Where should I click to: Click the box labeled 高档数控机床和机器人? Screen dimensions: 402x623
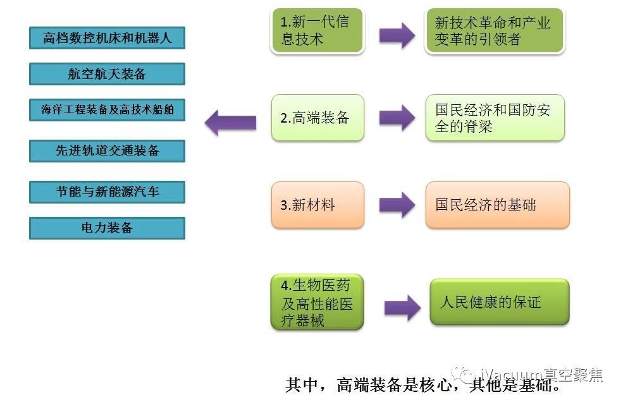107,38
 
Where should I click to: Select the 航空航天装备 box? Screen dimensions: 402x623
107,74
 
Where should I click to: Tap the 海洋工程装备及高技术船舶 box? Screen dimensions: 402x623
107,110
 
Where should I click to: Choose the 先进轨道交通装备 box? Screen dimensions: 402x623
107,151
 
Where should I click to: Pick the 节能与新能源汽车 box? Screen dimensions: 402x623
107,192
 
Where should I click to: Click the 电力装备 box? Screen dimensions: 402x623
107,228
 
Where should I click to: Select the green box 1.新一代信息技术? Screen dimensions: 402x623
318,30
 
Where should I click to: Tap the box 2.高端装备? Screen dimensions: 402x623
318,118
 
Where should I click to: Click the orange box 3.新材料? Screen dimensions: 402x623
318,205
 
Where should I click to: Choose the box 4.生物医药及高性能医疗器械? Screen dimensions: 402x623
318,302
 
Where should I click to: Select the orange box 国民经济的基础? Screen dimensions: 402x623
497,205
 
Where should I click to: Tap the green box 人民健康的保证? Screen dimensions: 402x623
499,302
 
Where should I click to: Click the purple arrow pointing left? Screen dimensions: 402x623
230,121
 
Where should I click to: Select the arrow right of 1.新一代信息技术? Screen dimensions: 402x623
397,35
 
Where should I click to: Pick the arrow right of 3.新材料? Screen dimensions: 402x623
397,205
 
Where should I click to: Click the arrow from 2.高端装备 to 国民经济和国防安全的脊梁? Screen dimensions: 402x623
397,118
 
